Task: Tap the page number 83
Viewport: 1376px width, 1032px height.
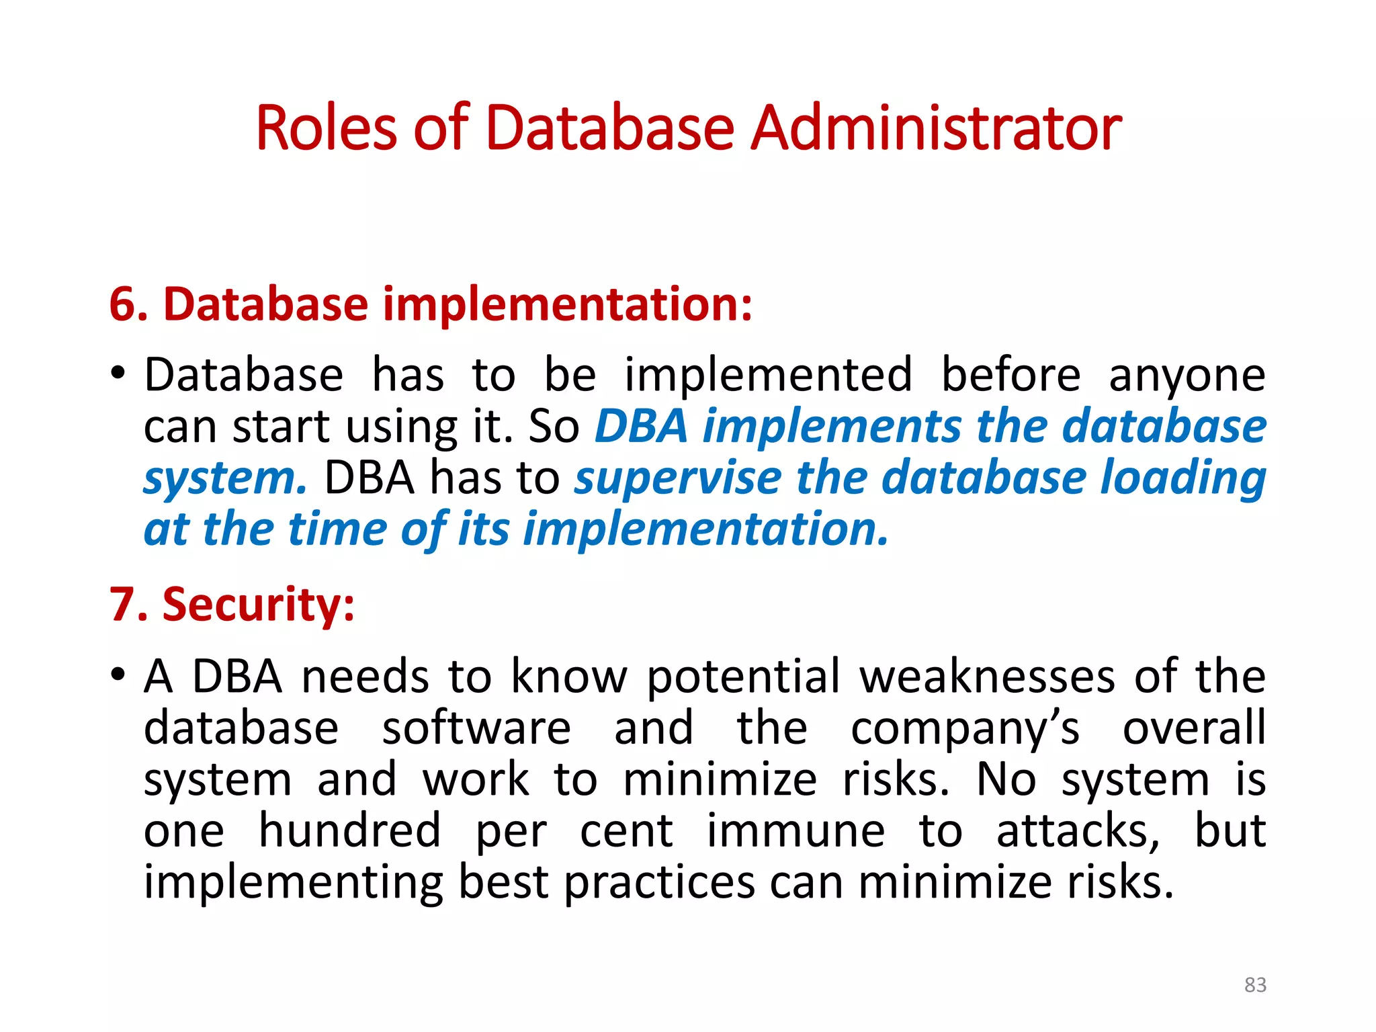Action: pyautogui.click(x=1255, y=984)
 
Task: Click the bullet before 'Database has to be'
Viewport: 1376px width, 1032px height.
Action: pyautogui.click(x=118, y=373)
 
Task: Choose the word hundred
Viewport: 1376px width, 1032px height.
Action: pyautogui.click(x=350, y=830)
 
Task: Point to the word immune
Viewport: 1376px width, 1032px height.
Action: pyautogui.click(x=796, y=832)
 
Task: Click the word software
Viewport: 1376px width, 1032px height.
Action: pyautogui.click(x=476, y=728)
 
